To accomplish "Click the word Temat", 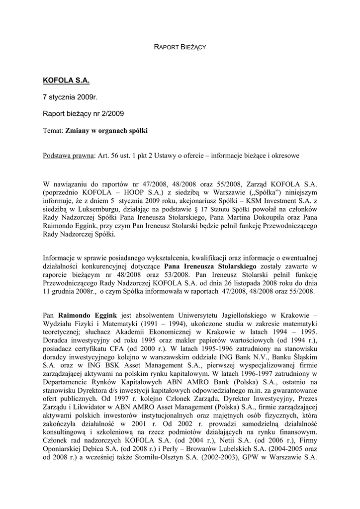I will pos(53,131).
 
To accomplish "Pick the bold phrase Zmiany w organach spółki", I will pos(106,131).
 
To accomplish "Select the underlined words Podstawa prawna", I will pos(69,156).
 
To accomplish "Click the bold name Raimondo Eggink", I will pos(88,314).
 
